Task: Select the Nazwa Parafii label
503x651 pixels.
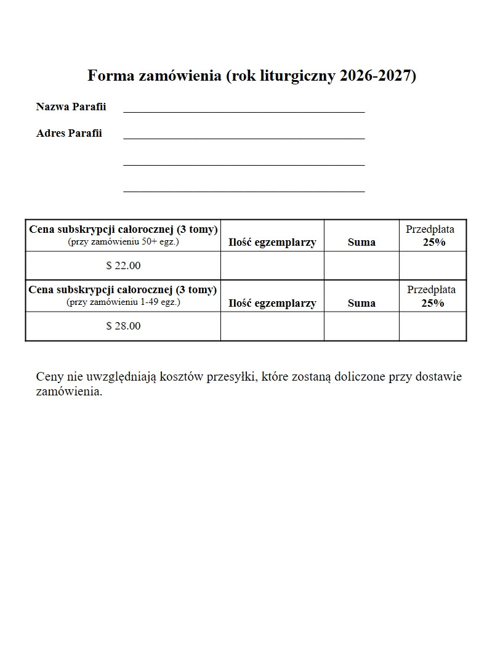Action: pyautogui.click(x=71, y=107)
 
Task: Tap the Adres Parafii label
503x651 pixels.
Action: pyautogui.click(x=69, y=133)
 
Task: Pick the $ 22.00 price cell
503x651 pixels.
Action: pyautogui.click(x=123, y=266)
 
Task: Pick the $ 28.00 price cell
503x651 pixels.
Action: pyautogui.click(x=123, y=326)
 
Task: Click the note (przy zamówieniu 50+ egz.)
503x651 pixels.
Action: pyautogui.click(x=123, y=242)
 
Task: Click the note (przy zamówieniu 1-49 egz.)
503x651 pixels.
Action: pyautogui.click(x=123, y=302)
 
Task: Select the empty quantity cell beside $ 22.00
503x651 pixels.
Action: pyautogui.click(x=272, y=266)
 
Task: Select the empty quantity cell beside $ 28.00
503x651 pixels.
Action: pyautogui.click(x=272, y=326)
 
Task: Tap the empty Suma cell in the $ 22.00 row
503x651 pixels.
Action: pyautogui.click(x=361, y=266)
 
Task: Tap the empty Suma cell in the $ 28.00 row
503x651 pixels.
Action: pyautogui.click(x=361, y=326)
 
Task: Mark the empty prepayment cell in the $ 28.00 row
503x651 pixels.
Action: pyautogui.click(x=432, y=326)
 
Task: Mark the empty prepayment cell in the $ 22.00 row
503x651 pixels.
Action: pyautogui.click(x=432, y=266)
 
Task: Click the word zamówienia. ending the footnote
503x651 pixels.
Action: pyautogui.click(x=69, y=392)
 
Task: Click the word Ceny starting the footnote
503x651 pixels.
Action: pyautogui.click(x=49, y=377)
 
